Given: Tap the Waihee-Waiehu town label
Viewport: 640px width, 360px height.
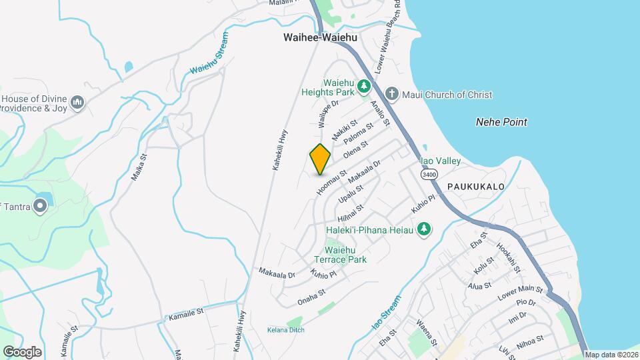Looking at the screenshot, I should tap(319, 38).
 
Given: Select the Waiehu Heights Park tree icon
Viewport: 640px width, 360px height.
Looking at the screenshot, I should tap(363, 85).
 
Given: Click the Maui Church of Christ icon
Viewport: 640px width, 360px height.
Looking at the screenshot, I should tap(392, 95).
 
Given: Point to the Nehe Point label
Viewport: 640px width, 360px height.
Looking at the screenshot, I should tap(501, 122).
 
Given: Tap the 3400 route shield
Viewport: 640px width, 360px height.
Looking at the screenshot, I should tap(429, 174).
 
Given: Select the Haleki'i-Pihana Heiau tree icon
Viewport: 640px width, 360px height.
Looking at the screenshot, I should tap(423, 229).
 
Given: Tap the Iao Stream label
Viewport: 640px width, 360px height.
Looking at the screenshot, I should tap(387, 313).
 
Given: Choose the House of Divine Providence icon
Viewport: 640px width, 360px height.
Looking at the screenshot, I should tap(78, 102).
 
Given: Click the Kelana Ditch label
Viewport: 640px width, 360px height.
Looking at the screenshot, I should tap(285, 329).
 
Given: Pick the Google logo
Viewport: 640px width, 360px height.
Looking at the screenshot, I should tap(22, 351).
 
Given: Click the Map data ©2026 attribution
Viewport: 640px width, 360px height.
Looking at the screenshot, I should tap(611, 355).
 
